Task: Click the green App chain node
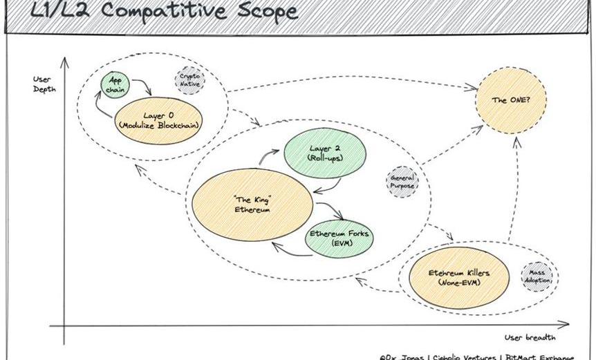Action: coord(115,85)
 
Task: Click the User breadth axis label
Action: coord(530,337)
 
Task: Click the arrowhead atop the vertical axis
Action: coord(65,61)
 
